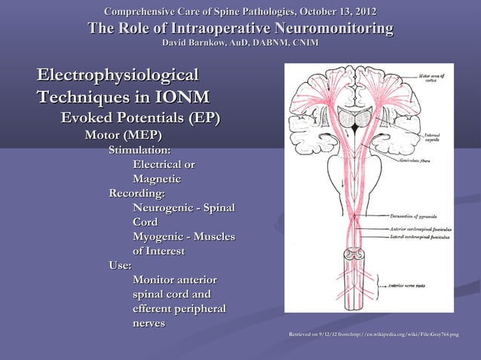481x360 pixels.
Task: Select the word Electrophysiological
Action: [x=118, y=75]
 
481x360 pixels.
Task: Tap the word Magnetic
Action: [x=156, y=179]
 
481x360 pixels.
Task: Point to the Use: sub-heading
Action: [x=120, y=265]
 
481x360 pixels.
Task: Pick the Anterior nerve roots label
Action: [x=414, y=286]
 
